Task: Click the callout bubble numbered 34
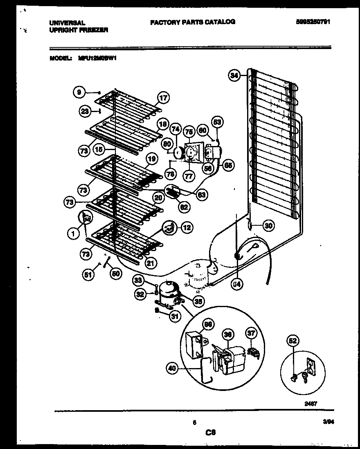(234, 75)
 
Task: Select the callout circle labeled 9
(79, 92)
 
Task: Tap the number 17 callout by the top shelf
(163, 98)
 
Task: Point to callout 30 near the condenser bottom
(268, 225)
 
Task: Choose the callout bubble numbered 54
(235, 284)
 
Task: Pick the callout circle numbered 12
(186, 228)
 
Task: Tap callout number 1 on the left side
(72, 234)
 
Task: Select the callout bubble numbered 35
(198, 302)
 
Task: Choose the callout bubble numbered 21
(150, 264)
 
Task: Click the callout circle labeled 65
(228, 166)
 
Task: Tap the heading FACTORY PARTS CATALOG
(193, 22)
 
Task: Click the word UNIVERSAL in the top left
(67, 23)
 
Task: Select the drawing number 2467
(311, 403)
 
